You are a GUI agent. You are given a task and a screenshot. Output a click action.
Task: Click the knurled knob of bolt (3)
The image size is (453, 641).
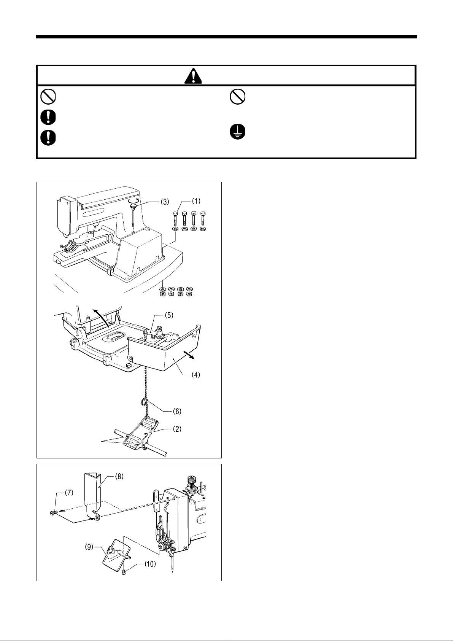tap(134, 206)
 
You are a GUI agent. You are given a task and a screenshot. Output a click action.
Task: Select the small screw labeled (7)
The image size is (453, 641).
tap(53, 513)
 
